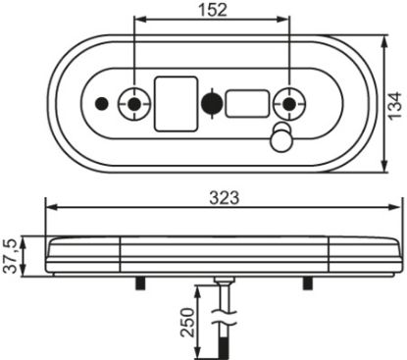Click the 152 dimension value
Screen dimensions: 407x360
click(x=213, y=10)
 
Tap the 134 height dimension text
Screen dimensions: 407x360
click(x=394, y=106)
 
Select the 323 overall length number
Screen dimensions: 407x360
click(x=225, y=198)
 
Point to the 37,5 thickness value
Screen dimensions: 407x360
click(x=11, y=256)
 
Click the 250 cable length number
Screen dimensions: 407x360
click(x=187, y=322)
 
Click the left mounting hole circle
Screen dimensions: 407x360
click(x=134, y=104)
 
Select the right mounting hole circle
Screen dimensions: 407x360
click(x=289, y=104)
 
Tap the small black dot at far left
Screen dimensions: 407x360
click(x=102, y=104)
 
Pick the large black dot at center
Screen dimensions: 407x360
click(x=212, y=104)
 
